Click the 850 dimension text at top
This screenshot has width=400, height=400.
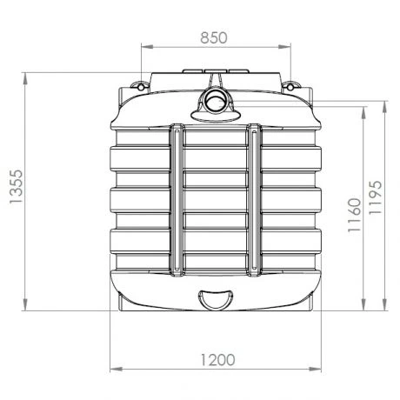coord(213,37)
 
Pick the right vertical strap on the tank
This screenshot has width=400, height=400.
coord(253,200)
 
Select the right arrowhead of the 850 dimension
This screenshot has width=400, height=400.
coord(284,50)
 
